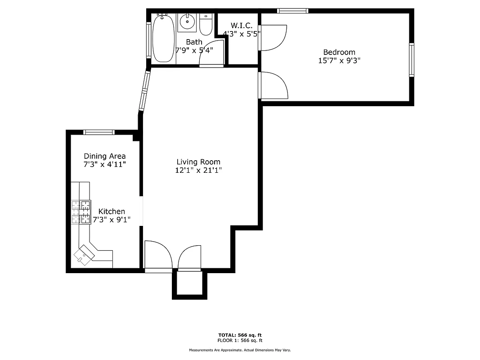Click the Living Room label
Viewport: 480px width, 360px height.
click(x=198, y=162)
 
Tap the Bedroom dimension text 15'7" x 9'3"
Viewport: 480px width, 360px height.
click(x=339, y=60)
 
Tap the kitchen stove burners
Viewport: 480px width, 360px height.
click(x=81, y=212)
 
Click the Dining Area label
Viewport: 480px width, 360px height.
click(x=104, y=156)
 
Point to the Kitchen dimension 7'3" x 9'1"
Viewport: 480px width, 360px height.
click(x=112, y=220)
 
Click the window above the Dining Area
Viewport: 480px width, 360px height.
click(x=99, y=132)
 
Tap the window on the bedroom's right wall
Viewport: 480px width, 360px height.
click(x=411, y=60)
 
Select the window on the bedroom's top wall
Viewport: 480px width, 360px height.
click(x=292, y=11)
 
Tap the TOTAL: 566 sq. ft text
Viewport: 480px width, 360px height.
click(x=240, y=335)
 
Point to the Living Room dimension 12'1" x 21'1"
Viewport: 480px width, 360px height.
click(x=198, y=171)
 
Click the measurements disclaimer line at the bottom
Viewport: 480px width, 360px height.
click(x=240, y=350)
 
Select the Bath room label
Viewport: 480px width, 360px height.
click(x=194, y=42)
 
